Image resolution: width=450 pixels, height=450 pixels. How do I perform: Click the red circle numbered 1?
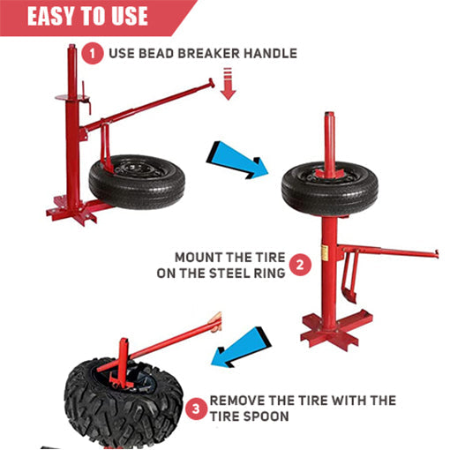[93, 54]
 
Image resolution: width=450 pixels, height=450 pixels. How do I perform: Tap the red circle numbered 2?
[300, 265]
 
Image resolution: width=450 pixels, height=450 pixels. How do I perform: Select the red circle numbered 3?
[196, 409]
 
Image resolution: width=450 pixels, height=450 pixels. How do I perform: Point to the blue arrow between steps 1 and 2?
[237, 161]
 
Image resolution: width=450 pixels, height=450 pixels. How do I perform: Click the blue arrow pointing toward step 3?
[241, 347]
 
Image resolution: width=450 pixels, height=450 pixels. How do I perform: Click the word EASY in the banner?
[51, 16]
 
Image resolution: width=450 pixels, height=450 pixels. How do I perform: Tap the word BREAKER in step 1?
[209, 54]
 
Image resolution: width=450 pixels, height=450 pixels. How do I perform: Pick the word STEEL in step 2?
[225, 274]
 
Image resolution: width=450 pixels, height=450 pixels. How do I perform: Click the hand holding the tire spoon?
[215, 323]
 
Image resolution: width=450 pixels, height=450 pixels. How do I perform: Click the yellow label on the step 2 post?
[325, 252]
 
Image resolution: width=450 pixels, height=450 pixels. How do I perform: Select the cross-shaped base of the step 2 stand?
[336, 329]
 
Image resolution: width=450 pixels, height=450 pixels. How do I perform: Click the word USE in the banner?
[130, 16]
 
